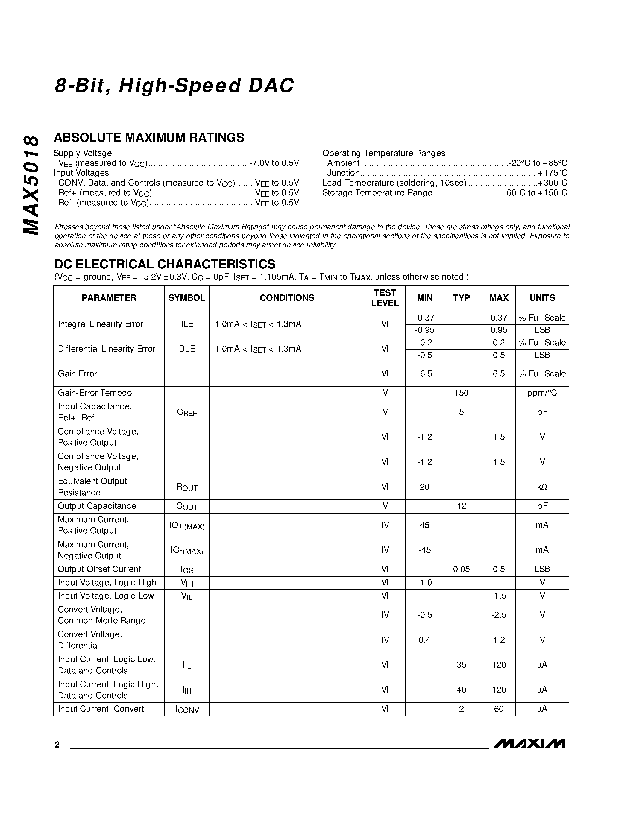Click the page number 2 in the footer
click(57, 745)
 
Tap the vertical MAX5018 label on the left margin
click(31, 185)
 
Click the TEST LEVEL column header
click(385, 298)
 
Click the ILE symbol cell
click(187, 324)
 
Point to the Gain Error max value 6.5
click(499, 374)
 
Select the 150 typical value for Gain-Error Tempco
click(461, 393)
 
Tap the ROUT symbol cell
click(187, 487)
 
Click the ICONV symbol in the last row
click(187, 710)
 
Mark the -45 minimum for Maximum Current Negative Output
click(425, 550)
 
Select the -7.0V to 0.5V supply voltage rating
click(274, 163)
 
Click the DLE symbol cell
click(187, 349)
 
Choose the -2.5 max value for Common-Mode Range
click(499, 615)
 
